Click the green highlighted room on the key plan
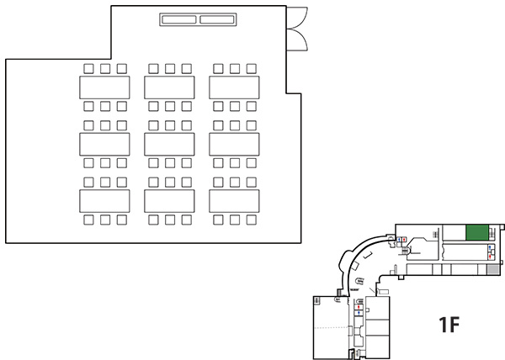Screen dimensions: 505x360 tap(477, 233)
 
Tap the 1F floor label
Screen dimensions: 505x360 tap(449, 325)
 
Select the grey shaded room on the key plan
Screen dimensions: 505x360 tap(492, 270)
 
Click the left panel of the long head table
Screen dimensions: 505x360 tap(179, 19)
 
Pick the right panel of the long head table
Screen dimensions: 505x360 tap(217, 19)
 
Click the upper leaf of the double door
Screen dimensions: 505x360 tap(297, 18)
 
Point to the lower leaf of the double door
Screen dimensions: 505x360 tap(297, 40)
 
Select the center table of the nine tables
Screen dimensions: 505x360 tap(169, 144)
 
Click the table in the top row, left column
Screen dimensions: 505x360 tap(104, 87)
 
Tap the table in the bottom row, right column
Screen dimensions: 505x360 tap(234, 201)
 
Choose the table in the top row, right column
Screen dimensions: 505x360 tap(234, 87)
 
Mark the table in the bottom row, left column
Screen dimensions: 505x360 tap(104, 201)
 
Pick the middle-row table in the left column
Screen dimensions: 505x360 tap(104, 144)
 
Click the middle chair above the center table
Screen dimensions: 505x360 tap(170, 125)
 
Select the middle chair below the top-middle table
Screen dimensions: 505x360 tap(170, 106)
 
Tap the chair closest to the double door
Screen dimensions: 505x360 tap(251, 68)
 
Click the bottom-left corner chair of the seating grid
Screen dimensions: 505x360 tap(88, 220)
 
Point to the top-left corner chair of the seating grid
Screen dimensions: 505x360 tap(88, 68)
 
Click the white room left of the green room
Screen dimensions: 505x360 tap(454, 233)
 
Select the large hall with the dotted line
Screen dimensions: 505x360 tap(331, 327)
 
